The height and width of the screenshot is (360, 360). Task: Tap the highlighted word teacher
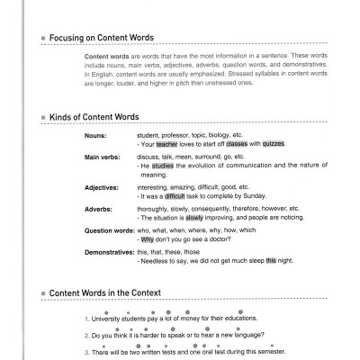[167, 144]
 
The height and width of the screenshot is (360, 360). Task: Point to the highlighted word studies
[161, 166]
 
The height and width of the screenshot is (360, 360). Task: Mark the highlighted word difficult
[175, 194]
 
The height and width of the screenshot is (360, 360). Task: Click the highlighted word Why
[147, 238]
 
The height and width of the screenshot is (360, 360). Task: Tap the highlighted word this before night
[272, 259]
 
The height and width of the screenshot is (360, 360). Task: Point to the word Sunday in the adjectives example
[255, 194]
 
